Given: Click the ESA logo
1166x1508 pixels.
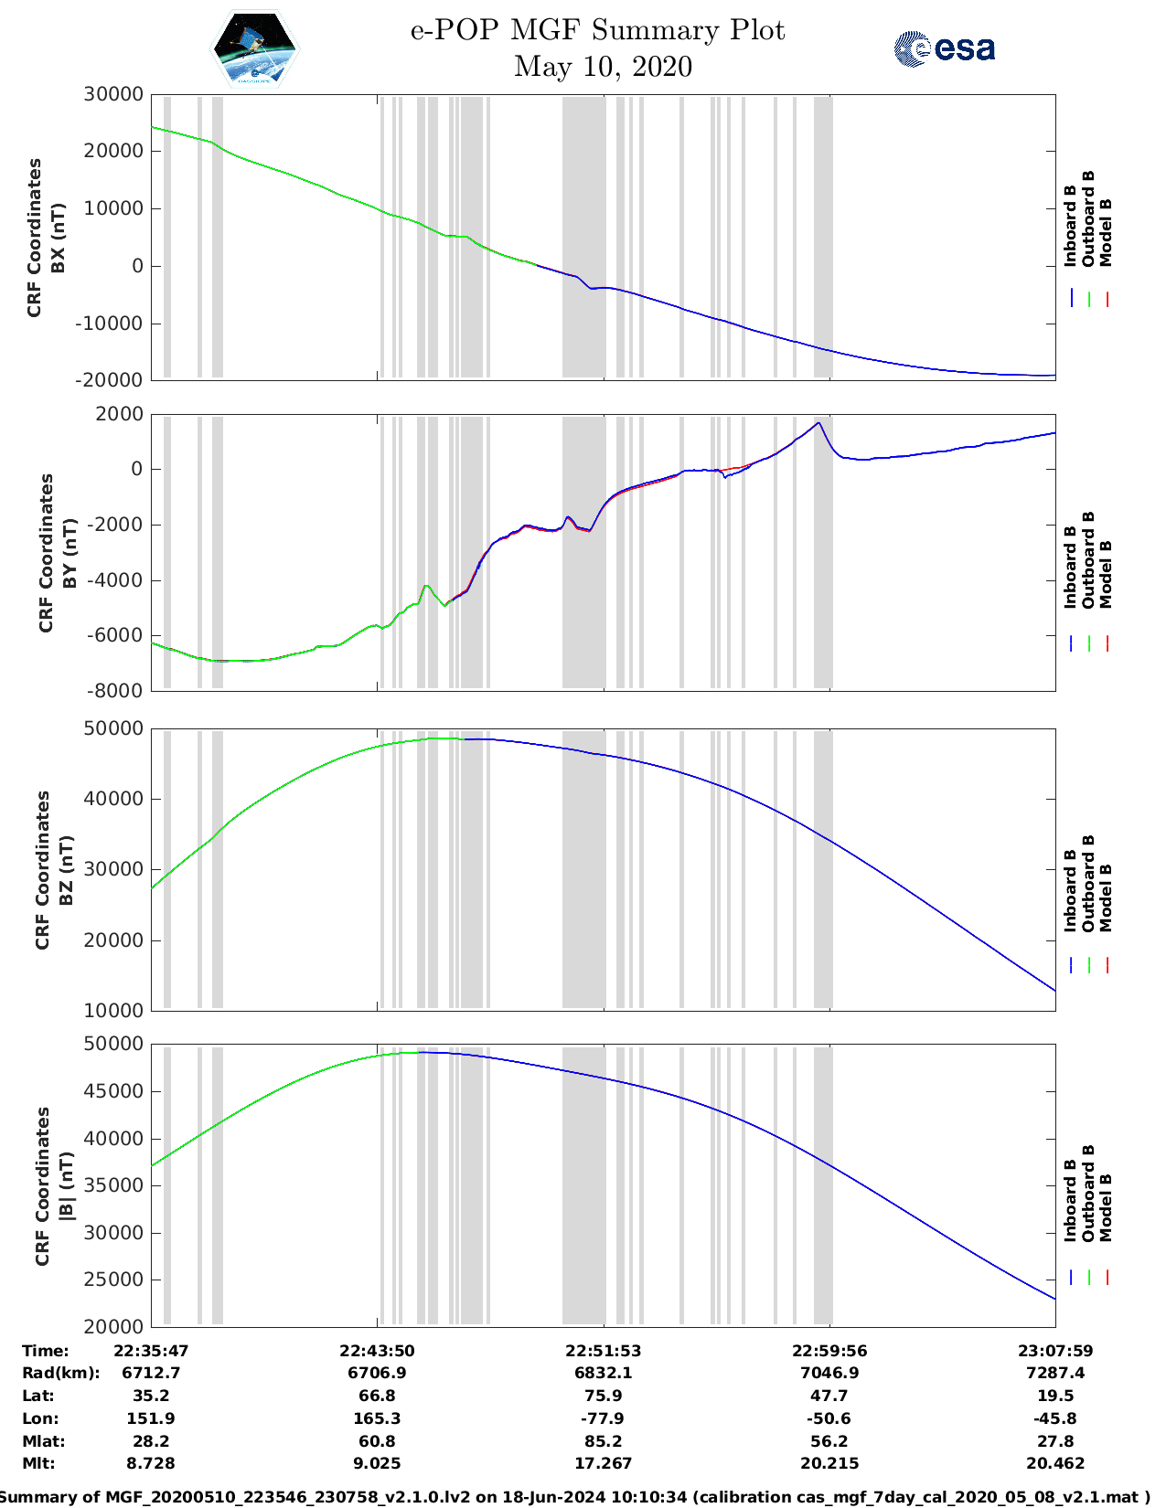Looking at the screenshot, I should [x=944, y=48].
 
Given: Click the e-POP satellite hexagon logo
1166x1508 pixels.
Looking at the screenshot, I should [x=255, y=49].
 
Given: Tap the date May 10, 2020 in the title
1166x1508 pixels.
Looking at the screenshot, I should [x=603, y=67].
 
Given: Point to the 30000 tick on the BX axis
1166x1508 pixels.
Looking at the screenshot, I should [x=112, y=94].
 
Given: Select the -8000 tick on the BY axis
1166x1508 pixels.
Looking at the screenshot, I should [x=114, y=691].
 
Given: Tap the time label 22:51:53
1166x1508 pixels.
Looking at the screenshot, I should [x=603, y=1351].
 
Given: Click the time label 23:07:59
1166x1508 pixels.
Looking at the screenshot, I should [x=1055, y=1351].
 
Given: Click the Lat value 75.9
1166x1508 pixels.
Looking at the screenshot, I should [x=603, y=1396].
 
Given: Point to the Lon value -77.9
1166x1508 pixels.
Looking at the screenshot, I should [x=603, y=1418].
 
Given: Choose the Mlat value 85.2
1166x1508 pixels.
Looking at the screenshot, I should [x=603, y=1441].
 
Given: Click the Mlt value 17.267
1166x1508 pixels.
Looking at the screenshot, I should [x=603, y=1463].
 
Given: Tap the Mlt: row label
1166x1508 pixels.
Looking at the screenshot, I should [x=38, y=1463].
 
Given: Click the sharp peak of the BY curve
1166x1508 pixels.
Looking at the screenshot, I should [x=819, y=423].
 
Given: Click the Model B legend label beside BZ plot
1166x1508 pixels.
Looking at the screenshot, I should [x=1106, y=897].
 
